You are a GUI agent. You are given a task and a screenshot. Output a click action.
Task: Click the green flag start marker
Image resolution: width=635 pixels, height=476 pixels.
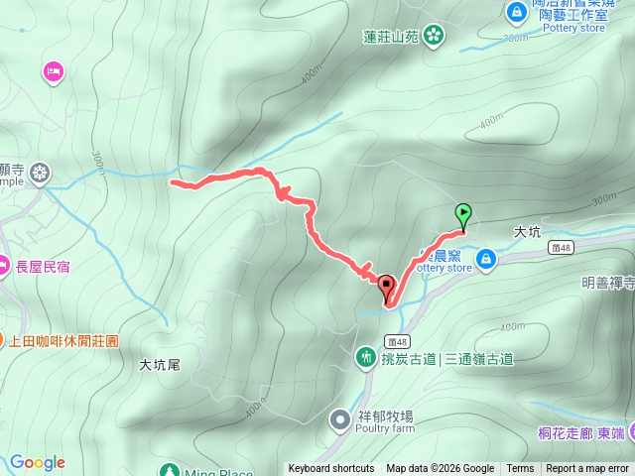point(463,213)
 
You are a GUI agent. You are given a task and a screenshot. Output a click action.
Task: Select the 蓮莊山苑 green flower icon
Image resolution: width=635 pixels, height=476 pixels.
point(433,37)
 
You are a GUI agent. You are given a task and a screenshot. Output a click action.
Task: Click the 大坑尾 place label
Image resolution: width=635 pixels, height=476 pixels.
point(159,365)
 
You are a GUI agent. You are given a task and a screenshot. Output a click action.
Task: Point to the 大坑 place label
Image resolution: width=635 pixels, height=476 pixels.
point(527,231)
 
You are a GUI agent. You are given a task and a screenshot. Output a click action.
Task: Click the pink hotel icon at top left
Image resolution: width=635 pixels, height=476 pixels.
point(54,70)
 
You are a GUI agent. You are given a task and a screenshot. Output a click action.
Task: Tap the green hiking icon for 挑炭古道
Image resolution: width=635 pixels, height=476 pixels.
point(366,354)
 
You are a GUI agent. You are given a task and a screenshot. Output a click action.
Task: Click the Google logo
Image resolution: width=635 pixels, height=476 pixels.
point(37,462)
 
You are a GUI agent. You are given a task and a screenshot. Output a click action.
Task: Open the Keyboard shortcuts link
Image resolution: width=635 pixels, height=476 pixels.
point(331,469)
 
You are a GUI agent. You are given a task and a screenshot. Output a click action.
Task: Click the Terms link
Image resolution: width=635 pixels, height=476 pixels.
point(520,469)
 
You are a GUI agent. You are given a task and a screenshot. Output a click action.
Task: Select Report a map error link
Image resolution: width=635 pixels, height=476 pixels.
point(587,469)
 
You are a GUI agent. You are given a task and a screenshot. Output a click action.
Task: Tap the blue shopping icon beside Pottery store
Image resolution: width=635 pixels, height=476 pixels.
point(485,260)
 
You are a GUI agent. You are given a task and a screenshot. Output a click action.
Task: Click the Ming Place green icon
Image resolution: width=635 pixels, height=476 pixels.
point(170,469)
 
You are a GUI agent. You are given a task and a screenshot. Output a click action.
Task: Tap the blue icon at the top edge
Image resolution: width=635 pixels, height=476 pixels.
point(516,12)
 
